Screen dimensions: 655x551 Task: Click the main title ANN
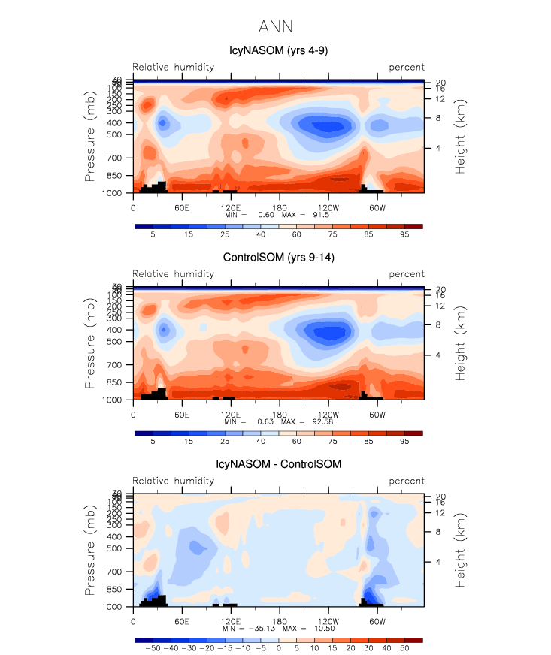click(x=275, y=27)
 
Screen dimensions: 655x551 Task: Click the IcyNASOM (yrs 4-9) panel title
click(x=278, y=51)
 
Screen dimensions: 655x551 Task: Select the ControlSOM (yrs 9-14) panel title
click(x=278, y=258)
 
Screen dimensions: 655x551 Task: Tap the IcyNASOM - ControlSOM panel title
click(x=278, y=464)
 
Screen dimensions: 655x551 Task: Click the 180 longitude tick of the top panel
click(x=279, y=207)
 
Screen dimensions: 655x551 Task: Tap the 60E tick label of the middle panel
click(x=181, y=413)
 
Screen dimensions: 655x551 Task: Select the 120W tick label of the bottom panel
click(x=328, y=620)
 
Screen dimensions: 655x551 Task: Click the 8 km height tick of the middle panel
click(x=438, y=324)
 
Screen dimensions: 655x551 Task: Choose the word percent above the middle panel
click(x=407, y=274)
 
